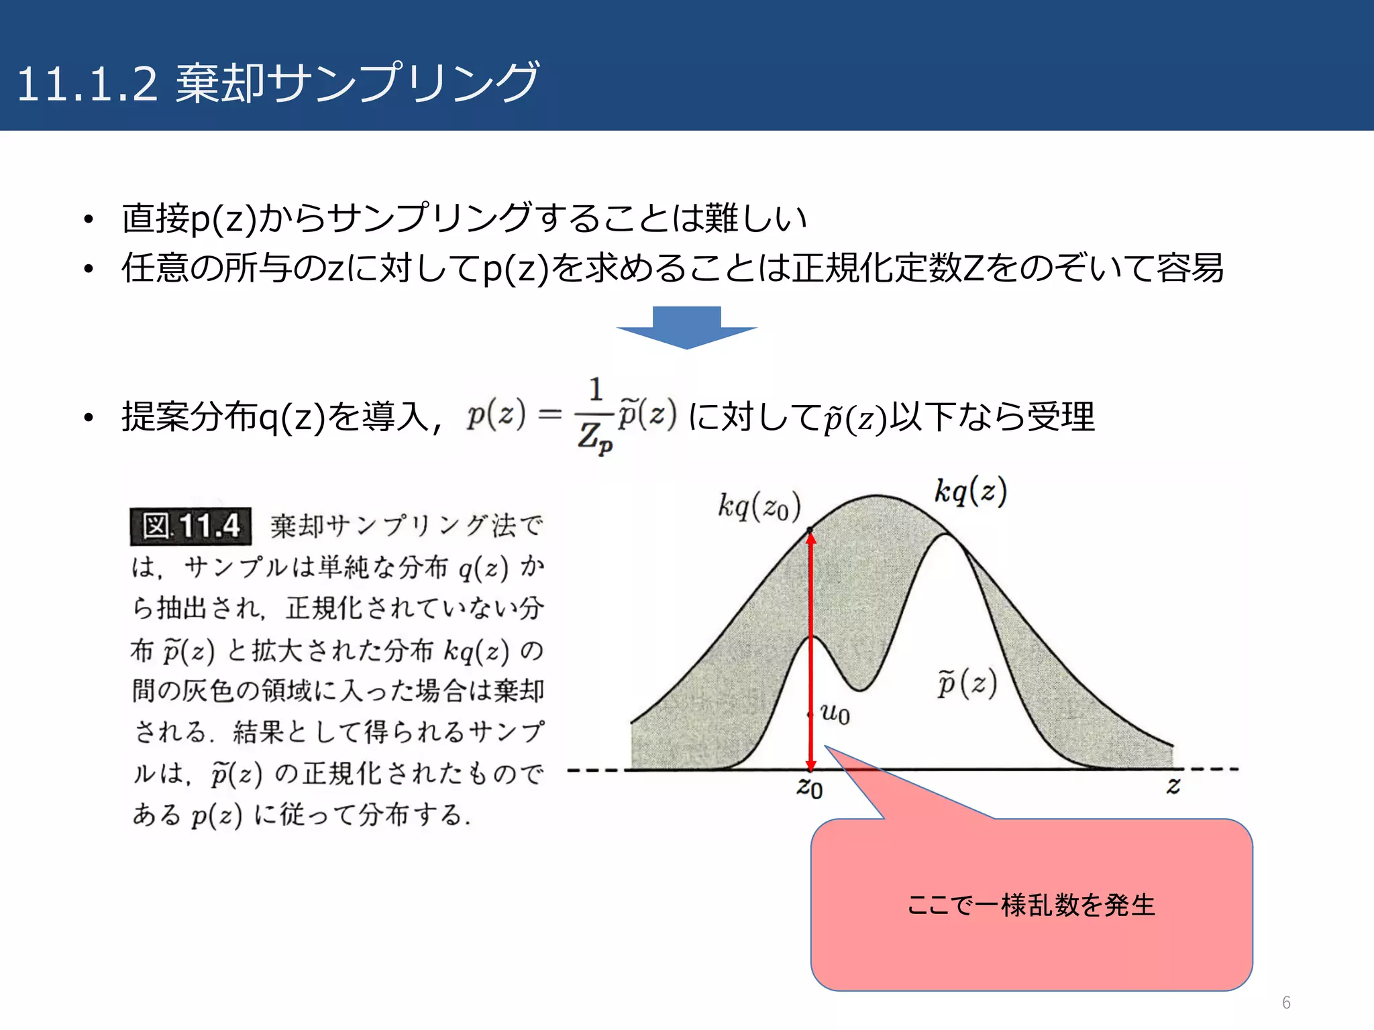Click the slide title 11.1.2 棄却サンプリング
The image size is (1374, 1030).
point(278,83)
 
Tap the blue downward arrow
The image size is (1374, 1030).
point(686,327)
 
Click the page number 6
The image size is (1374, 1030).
point(1286,1003)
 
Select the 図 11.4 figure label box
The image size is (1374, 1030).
point(191,526)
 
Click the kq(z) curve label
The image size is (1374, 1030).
point(970,492)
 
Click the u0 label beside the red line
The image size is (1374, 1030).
point(835,714)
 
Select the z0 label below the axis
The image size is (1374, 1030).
point(810,787)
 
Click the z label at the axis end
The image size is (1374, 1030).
point(1173,785)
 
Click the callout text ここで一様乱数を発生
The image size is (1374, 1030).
point(1031,905)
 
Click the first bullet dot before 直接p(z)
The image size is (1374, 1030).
point(88,219)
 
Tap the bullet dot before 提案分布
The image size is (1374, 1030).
point(88,418)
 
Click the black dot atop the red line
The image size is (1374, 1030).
point(810,530)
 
